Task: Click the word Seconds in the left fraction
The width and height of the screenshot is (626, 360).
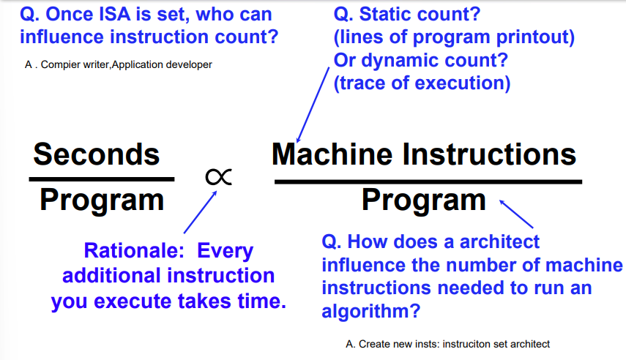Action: pos(97,154)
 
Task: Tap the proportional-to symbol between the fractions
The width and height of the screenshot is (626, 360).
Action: pos(218,177)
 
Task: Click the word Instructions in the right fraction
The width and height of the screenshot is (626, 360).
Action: pos(490,154)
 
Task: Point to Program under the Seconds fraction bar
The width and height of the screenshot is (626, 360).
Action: pos(102,200)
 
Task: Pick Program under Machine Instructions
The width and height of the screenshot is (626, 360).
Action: pos(424,200)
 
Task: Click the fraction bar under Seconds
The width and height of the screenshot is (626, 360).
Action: pos(102,179)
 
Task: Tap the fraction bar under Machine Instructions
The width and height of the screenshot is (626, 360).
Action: pos(428,182)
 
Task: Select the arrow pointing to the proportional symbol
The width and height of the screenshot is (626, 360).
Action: pos(201,212)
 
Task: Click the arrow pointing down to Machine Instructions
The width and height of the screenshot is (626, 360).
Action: pos(313,105)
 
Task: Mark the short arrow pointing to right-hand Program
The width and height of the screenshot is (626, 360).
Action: pos(516,214)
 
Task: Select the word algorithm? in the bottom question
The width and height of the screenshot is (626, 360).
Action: pos(371,311)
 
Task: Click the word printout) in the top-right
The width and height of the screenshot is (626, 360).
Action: pos(535,37)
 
